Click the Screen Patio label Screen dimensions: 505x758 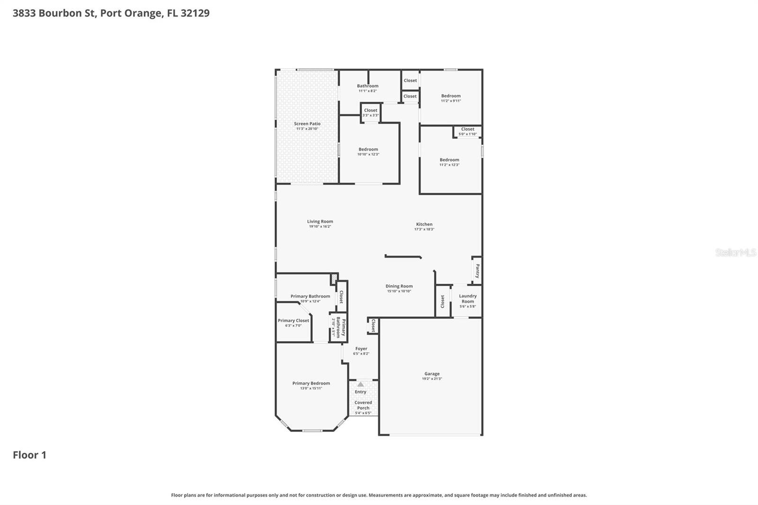tap(307, 124)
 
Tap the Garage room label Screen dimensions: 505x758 tap(432, 374)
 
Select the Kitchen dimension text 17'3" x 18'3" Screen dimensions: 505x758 tap(424, 229)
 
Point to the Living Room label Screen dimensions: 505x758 tap(320, 221)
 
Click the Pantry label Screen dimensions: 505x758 tap(478, 271)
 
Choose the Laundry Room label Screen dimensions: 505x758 tap(468, 298)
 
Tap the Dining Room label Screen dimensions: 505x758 tap(399, 286)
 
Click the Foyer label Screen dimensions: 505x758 tap(361, 349)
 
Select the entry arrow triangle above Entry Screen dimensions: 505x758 tap(361, 384)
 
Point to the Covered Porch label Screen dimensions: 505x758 tap(363, 405)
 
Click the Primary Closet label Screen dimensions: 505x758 tap(293, 321)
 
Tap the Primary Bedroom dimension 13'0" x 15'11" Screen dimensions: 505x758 tap(311, 388)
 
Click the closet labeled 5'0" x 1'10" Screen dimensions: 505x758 tap(468, 131)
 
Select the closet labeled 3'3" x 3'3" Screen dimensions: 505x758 tap(370, 113)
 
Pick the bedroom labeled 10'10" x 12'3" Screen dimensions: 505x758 tap(368, 152)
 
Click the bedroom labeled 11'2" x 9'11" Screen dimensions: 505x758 tap(451, 98)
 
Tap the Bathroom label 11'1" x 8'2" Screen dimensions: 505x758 tap(368, 88)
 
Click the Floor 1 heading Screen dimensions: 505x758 tap(29, 455)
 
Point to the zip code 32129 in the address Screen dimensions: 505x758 tap(195, 13)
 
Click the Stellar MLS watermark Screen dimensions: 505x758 tap(735, 252)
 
